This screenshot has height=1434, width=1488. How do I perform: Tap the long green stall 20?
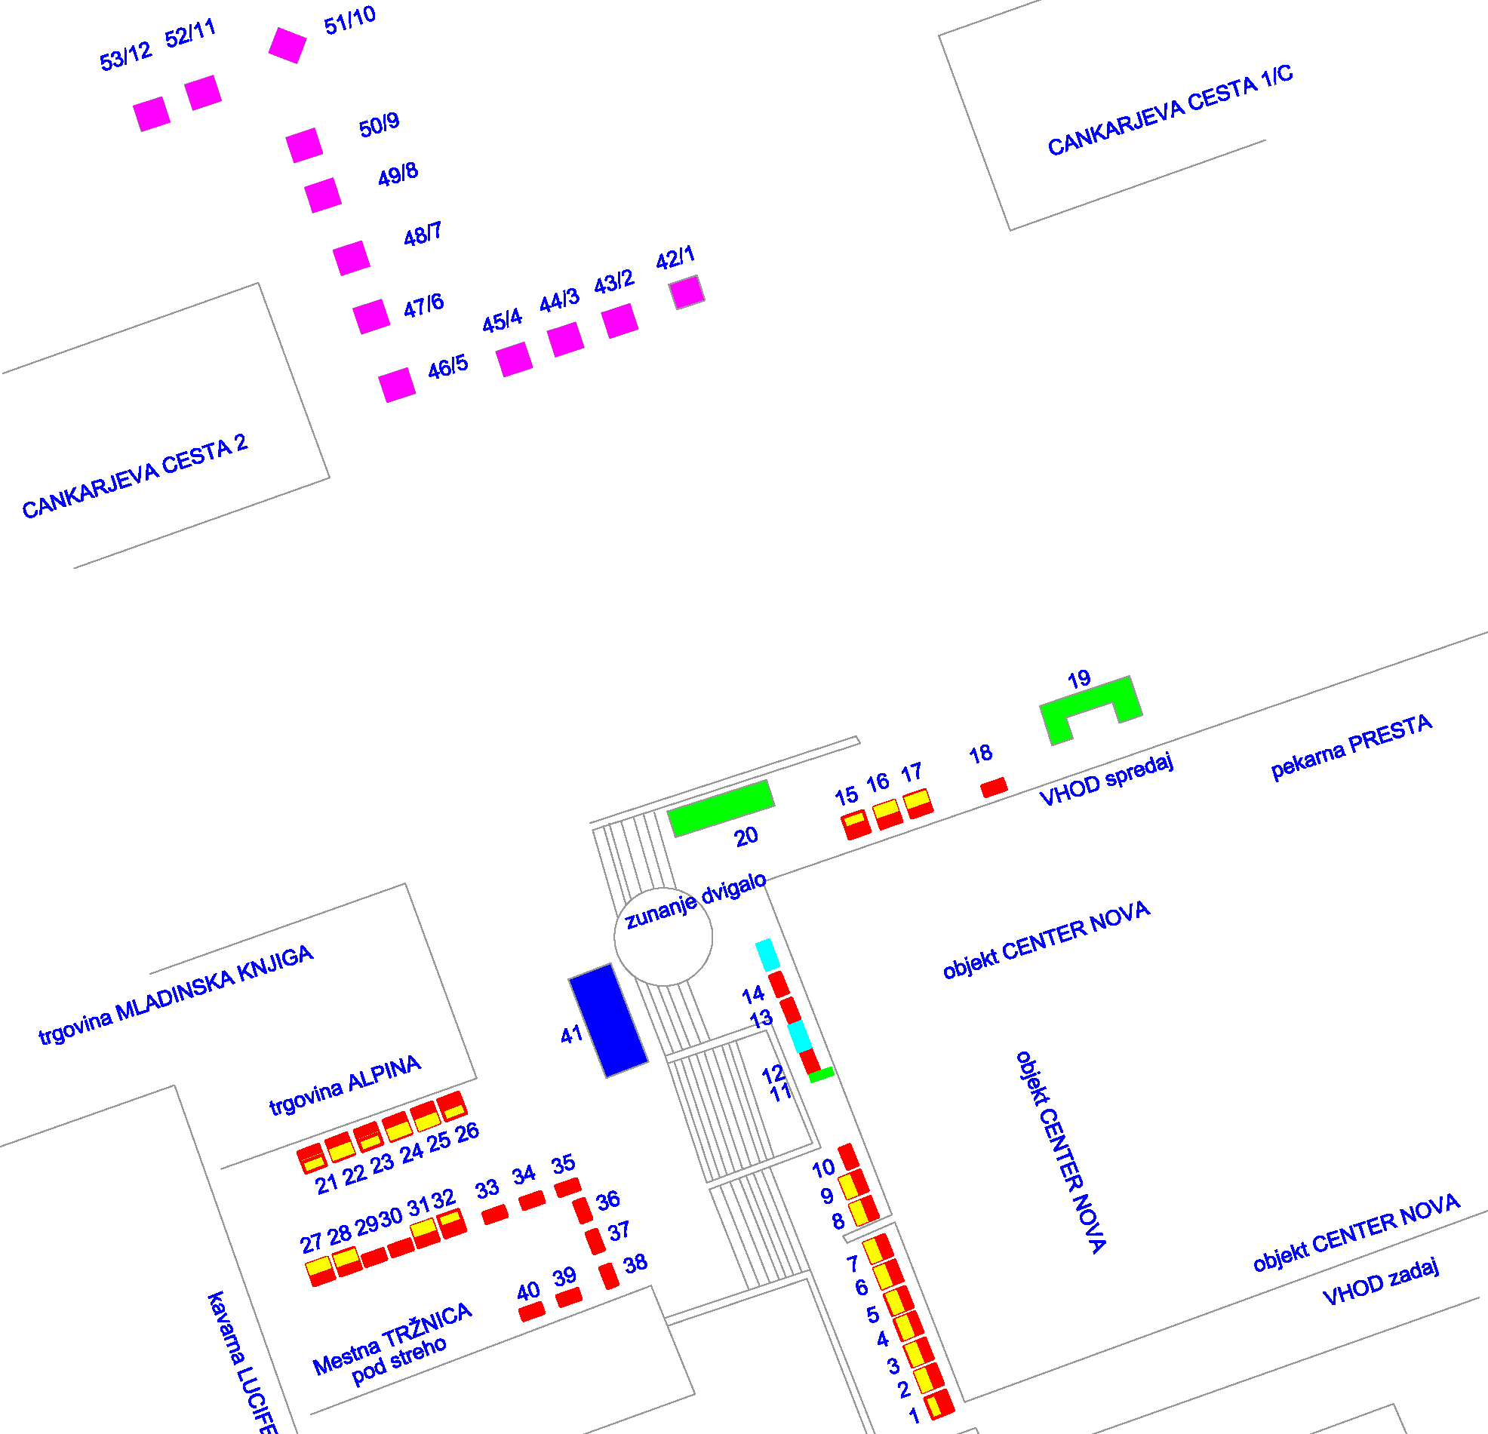tap(721, 808)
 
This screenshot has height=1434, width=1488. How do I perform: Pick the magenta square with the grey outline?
tap(687, 292)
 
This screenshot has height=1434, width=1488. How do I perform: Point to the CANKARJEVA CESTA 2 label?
tap(134, 476)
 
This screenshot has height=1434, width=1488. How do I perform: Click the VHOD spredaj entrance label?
tap(1105, 780)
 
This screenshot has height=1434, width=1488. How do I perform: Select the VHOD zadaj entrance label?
tap(1380, 1282)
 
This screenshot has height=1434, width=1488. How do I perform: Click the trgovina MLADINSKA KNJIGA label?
tap(175, 993)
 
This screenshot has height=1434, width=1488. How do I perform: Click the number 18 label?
tap(980, 754)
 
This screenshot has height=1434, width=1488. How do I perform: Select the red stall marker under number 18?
tap(994, 788)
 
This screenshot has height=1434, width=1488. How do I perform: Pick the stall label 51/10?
tap(349, 20)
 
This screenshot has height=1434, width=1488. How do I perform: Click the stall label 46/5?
tap(447, 367)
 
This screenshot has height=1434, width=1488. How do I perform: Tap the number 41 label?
tap(571, 1034)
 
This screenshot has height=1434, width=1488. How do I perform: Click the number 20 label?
tap(746, 837)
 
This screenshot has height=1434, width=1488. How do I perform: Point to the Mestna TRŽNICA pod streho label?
tap(392, 1344)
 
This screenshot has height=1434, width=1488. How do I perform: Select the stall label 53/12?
tap(125, 57)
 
